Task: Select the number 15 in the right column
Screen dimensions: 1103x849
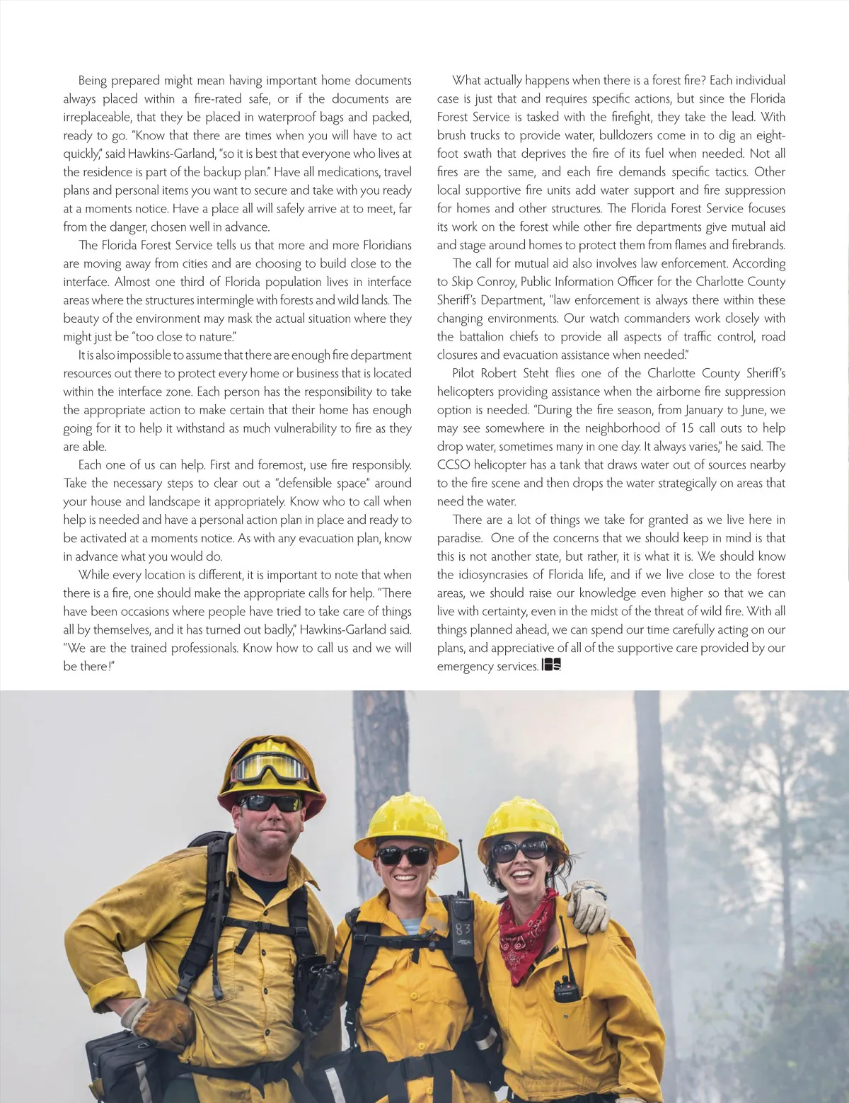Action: point(688,428)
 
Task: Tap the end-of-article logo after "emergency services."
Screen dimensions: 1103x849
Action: point(551,665)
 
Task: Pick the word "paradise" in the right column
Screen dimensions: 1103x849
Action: point(458,538)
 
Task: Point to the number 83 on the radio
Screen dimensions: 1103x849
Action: point(463,927)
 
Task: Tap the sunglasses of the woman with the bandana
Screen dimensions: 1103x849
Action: point(520,850)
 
